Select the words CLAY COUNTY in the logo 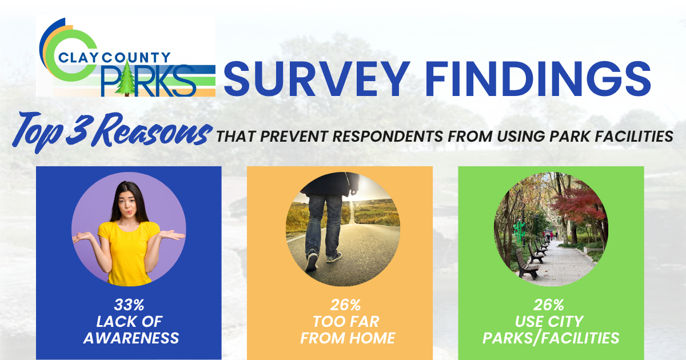(x=114, y=58)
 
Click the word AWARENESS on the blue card (x=131, y=338)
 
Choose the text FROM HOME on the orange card (x=348, y=338)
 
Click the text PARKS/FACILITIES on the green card (x=551, y=338)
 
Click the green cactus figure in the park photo (x=519, y=231)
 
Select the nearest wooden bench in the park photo (x=527, y=265)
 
